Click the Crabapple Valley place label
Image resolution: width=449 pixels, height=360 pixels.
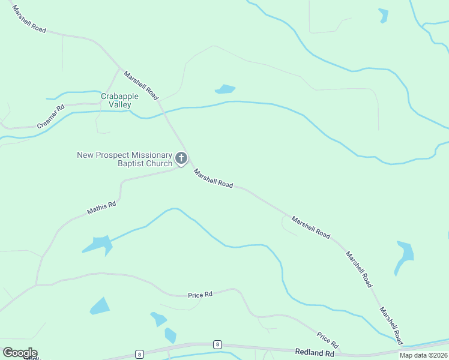(x=119, y=100)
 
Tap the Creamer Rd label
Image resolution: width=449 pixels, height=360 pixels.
(x=50, y=117)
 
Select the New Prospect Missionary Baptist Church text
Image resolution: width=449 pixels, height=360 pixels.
(x=124, y=159)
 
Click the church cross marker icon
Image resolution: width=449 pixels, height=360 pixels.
(x=181, y=159)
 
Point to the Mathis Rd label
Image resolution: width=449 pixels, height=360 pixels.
(x=101, y=208)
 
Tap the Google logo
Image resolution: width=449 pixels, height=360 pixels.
(x=20, y=353)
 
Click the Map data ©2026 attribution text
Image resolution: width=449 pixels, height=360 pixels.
(x=423, y=355)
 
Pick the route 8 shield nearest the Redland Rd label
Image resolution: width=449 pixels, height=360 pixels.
(x=217, y=344)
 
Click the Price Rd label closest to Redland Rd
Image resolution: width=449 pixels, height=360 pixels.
(x=328, y=341)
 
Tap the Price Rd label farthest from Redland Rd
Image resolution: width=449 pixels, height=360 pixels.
(x=200, y=295)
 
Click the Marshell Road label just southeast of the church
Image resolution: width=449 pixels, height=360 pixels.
(x=213, y=179)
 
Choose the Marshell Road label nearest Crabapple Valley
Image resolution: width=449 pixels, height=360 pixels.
(x=141, y=86)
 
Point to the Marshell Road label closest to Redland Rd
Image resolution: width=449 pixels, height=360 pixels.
(x=390, y=325)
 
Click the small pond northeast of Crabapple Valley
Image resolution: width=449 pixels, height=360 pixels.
(x=225, y=89)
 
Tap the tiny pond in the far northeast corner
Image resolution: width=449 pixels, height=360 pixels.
(x=384, y=16)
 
